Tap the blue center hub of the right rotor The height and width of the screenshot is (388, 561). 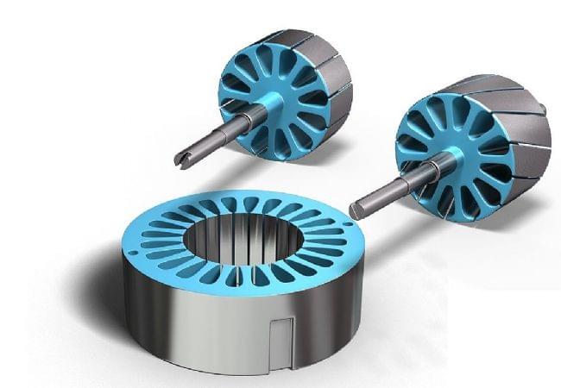tap(457, 156)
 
